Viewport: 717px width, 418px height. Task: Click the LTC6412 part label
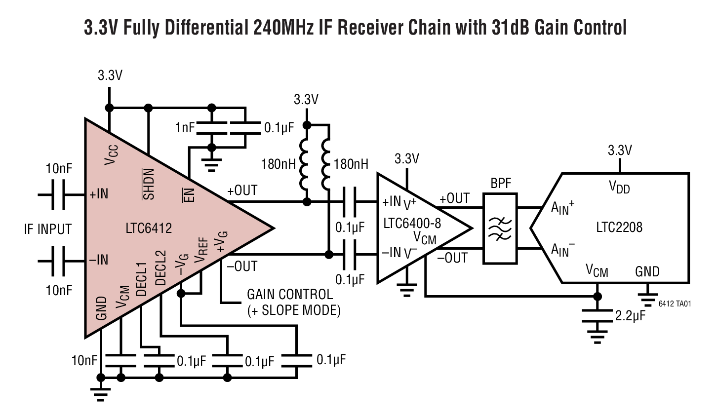[149, 228]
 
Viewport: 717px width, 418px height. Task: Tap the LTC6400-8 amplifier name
[412, 224]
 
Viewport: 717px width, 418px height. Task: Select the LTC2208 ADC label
[619, 227]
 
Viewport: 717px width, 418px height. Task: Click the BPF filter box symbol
[500, 228]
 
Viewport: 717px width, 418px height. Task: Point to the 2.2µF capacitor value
[630, 316]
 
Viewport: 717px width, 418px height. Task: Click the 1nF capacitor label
[185, 128]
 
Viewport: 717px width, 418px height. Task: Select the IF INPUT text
[48, 229]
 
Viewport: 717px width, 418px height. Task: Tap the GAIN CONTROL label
[290, 295]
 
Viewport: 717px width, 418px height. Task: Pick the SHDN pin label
[149, 184]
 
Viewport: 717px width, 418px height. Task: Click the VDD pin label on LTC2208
[619, 187]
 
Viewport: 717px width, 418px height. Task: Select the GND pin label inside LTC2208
[647, 271]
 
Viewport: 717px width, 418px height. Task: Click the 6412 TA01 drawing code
[675, 304]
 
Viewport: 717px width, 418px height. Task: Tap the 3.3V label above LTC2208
[620, 151]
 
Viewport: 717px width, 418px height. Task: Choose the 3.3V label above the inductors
[306, 100]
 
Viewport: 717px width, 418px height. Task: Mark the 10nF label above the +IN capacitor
[59, 169]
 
